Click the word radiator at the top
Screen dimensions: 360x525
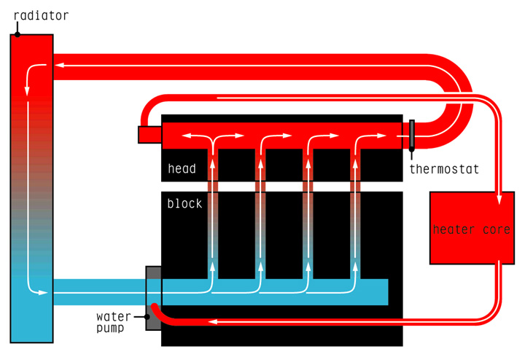coord(41,15)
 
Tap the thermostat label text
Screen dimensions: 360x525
coord(444,169)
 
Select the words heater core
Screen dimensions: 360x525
coord(471,230)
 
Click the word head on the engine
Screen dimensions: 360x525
coord(182,169)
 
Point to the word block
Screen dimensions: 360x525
coord(184,203)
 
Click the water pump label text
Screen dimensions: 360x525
coord(114,322)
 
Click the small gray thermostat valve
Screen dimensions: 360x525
coord(412,135)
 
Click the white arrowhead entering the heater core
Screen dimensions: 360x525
coord(499,198)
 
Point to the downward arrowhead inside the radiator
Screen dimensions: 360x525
coord(28,91)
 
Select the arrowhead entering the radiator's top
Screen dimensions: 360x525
coord(58,66)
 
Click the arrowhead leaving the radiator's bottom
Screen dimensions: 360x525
coord(44,293)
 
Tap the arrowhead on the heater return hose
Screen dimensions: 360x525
coord(214,321)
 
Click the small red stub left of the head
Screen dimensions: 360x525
coord(149,135)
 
